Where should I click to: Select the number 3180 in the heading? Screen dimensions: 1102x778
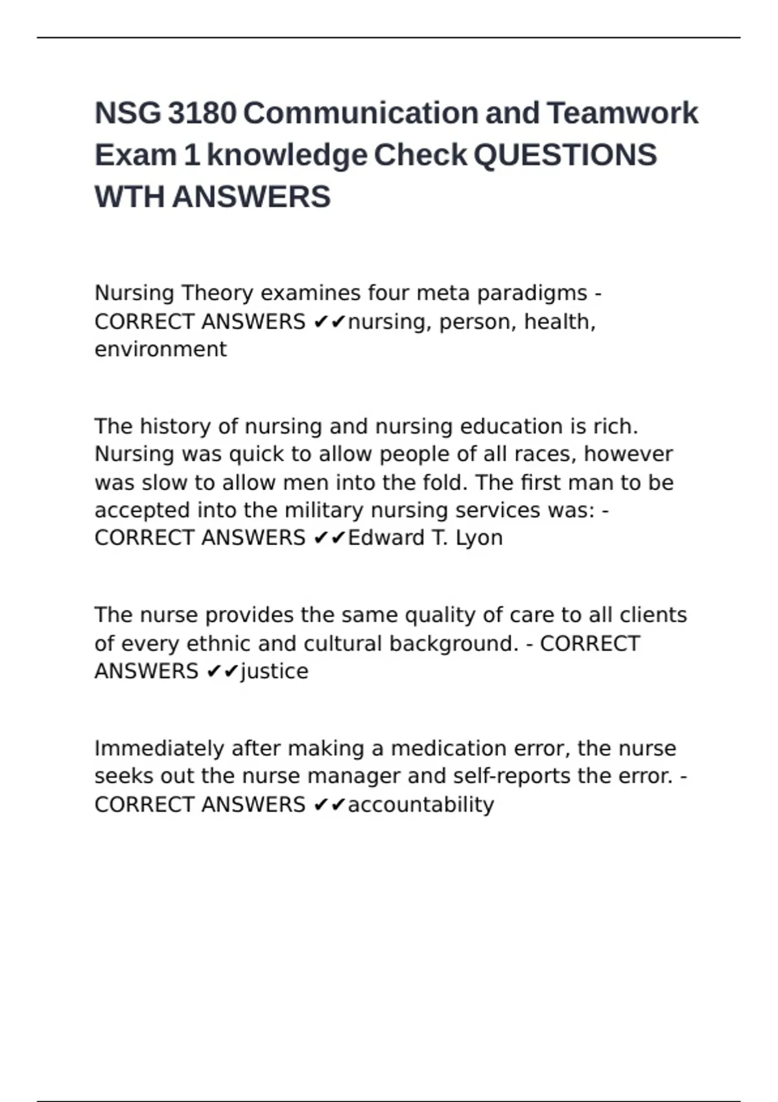[202, 113]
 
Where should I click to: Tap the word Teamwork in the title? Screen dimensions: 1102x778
[622, 113]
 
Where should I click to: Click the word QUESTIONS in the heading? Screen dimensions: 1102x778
[565, 156]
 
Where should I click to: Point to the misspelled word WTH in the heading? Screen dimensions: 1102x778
[129, 197]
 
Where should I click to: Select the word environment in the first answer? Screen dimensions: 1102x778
[161, 349]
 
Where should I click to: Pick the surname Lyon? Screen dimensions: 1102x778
[479, 539]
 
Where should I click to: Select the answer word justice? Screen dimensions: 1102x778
[274, 672]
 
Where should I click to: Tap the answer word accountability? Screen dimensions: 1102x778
[421, 805]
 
